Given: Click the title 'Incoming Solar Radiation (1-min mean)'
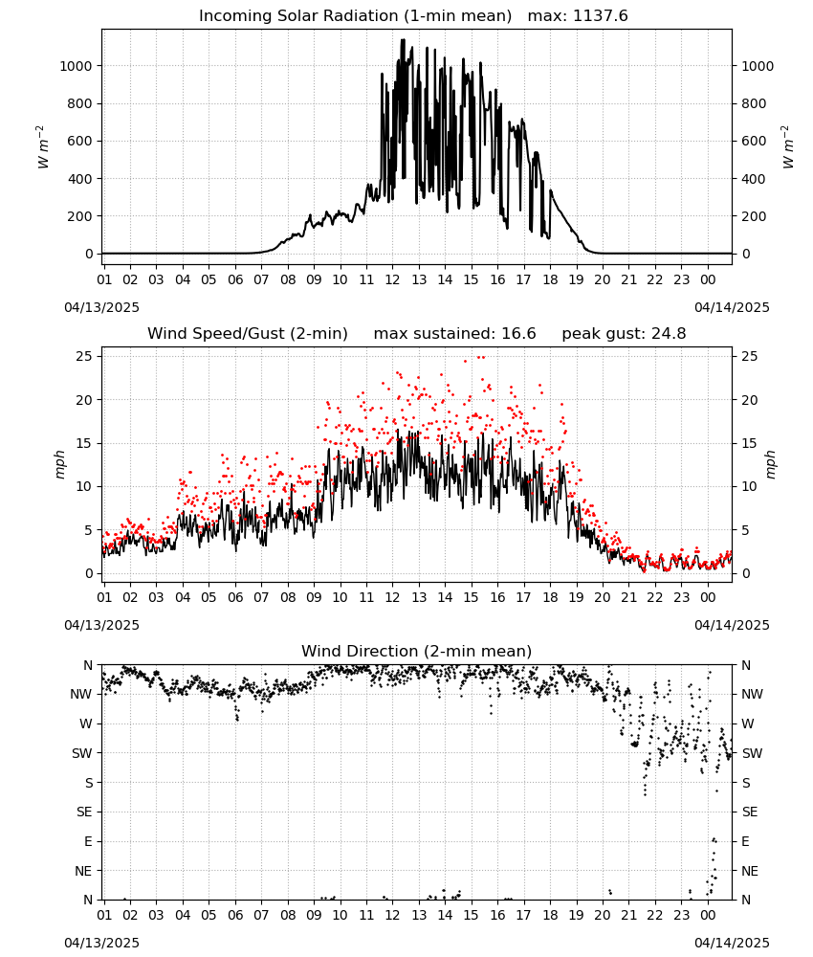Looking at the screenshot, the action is pyautogui.click(x=356, y=16).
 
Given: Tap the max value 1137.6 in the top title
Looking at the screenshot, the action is pyautogui.click(x=601, y=16).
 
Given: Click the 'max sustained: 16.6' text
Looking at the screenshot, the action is pyautogui.click(x=454, y=334).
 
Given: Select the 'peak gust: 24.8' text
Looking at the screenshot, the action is pyautogui.click(x=624, y=334).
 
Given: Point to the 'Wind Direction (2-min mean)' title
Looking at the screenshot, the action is pyautogui.click(x=417, y=651).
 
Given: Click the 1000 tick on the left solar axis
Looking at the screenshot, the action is pyautogui.click(x=76, y=66).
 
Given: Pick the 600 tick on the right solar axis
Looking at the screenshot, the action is pyautogui.click(x=754, y=141).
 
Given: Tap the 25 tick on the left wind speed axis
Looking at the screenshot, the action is pyautogui.click(x=84, y=356).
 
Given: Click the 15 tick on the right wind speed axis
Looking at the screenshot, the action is pyautogui.click(x=750, y=444).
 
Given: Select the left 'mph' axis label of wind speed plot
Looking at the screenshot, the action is pyautogui.click(x=59, y=464).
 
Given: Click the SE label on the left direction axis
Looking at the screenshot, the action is pyautogui.click(x=84, y=812).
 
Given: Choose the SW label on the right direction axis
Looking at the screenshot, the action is pyautogui.click(x=752, y=754).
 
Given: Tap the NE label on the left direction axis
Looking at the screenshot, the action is pyautogui.click(x=83, y=872).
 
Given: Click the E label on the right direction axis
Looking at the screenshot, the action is pyautogui.click(x=745, y=841).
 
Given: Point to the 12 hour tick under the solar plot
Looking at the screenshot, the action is pyautogui.click(x=392, y=280).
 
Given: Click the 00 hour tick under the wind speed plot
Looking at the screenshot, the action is pyautogui.click(x=708, y=597).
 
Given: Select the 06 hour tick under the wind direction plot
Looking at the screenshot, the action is pyautogui.click(x=235, y=916).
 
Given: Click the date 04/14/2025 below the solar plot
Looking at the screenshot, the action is pyautogui.click(x=732, y=307).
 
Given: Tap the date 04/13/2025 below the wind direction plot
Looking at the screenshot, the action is pyautogui.click(x=101, y=943).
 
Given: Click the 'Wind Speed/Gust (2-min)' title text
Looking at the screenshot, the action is pyautogui.click(x=248, y=334).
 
